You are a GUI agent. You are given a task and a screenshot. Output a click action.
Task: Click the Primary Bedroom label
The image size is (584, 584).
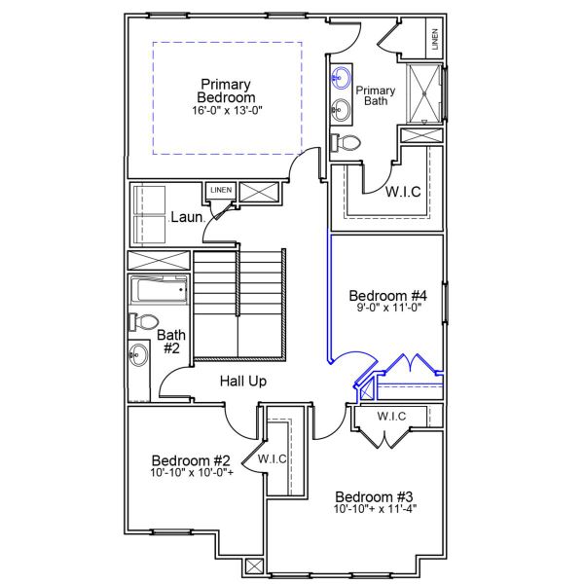click(x=227, y=91)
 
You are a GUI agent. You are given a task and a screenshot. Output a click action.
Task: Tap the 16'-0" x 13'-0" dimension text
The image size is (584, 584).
click(x=227, y=111)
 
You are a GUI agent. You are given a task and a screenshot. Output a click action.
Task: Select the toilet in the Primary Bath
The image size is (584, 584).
click(x=346, y=143)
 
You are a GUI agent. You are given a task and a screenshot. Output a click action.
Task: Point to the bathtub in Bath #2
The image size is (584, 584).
click(x=159, y=290)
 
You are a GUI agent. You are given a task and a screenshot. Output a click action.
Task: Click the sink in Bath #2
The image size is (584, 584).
click(x=137, y=356)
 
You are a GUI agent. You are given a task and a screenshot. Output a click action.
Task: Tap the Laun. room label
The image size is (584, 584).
click(x=186, y=216)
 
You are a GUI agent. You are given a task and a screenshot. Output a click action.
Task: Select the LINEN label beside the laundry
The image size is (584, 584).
click(x=220, y=190)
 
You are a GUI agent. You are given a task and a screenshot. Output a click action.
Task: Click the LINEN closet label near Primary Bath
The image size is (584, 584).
click(x=434, y=40)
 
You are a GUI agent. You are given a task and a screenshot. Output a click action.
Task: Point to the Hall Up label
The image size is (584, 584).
click(x=242, y=381)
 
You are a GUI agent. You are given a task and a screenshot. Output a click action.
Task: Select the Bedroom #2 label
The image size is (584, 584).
click(x=191, y=459)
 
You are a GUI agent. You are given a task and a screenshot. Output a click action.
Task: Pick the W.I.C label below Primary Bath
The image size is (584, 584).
click(x=402, y=191)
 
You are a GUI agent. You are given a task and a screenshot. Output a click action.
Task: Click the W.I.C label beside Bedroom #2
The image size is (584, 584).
click(x=273, y=458)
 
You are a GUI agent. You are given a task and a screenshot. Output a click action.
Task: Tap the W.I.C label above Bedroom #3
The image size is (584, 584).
click(x=391, y=417)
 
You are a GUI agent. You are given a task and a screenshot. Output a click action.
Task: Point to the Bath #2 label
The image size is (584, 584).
click(x=171, y=342)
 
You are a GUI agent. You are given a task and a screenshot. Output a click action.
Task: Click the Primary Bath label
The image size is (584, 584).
click(x=376, y=94)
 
